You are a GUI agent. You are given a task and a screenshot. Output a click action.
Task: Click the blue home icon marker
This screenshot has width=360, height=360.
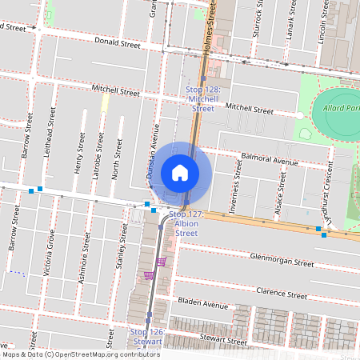180,172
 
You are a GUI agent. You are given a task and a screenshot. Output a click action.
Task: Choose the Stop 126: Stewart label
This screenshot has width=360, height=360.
146,336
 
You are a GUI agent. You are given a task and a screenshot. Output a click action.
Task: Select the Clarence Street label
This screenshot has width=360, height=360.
282,294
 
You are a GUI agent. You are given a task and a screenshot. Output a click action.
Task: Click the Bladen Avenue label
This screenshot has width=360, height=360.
203,304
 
